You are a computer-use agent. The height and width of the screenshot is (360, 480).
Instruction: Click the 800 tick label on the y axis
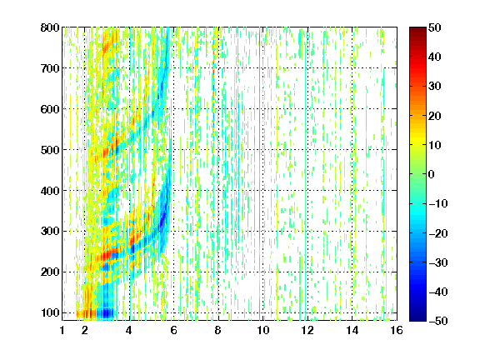coord(50,27)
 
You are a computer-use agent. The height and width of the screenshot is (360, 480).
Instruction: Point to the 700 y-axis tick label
coord(50,68)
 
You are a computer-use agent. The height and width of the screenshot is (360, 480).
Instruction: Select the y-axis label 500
coord(50,150)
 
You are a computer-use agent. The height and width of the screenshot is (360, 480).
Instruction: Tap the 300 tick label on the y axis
coord(50,232)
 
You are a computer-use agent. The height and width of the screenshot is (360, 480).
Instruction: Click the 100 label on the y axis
coord(50,313)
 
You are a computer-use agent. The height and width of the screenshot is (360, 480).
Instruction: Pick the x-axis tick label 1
coord(62,330)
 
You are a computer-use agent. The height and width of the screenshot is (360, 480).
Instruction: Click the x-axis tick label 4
coord(129,330)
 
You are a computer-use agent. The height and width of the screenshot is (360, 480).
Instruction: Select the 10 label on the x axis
coord(262,330)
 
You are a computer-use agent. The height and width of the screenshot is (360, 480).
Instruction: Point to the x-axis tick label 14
coord(352,330)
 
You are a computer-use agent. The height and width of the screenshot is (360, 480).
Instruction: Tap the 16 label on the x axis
coord(397,330)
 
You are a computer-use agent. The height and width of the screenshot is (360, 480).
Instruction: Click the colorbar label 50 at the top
coord(435,27)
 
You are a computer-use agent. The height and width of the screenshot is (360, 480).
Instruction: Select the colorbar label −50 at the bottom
coord(437,321)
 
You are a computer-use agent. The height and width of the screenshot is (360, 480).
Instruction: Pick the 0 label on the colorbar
coord(432,174)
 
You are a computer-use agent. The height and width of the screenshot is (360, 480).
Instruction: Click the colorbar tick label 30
coord(435,87)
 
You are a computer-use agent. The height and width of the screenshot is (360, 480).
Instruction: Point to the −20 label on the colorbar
coord(437,233)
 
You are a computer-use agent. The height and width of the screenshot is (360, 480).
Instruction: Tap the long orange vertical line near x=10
coord(260,174)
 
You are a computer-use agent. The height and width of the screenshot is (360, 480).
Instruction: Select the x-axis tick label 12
coord(307,330)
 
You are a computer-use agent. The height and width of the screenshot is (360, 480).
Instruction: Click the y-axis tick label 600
coord(50,109)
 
